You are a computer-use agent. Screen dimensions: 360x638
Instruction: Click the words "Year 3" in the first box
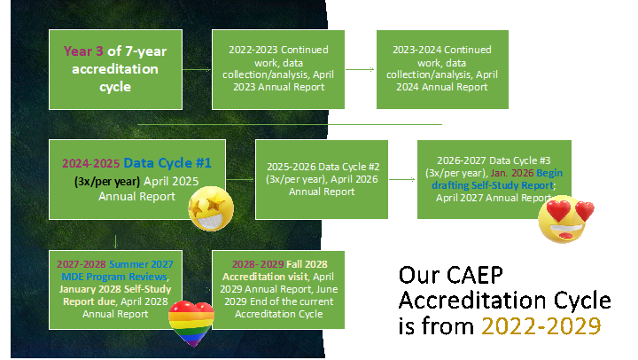tap(83, 51)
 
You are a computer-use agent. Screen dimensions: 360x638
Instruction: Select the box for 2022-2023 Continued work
tap(269, 68)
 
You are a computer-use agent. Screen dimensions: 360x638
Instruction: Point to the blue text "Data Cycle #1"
tap(167, 163)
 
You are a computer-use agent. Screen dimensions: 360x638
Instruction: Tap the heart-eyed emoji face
tap(566, 221)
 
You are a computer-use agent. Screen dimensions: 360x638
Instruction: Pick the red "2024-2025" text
tap(90, 164)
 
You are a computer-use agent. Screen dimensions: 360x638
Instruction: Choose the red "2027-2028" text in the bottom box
tap(82, 264)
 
